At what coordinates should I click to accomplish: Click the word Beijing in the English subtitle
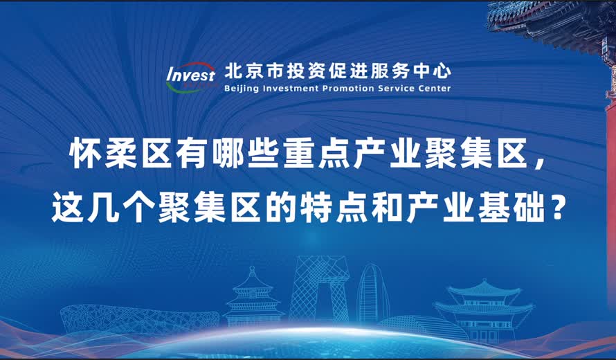[x=241, y=89]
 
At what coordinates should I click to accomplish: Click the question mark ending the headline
[x=554, y=208]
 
